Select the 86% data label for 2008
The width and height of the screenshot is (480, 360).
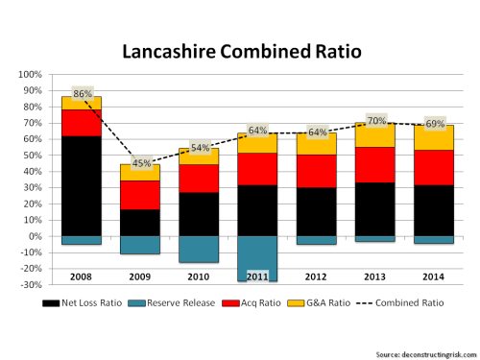pyautogui.click(x=83, y=94)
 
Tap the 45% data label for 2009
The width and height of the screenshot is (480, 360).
pyautogui.click(x=141, y=161)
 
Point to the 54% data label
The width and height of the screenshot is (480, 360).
pyautogui.click(x=200, y=147)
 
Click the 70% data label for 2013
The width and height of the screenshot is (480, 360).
pyautogui.click(x=374, y=121)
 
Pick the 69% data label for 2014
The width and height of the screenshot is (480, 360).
pyautogui.click(x=433, y=124)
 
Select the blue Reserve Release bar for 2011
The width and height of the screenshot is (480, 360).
pyautogui.click(x=258, y=258)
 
